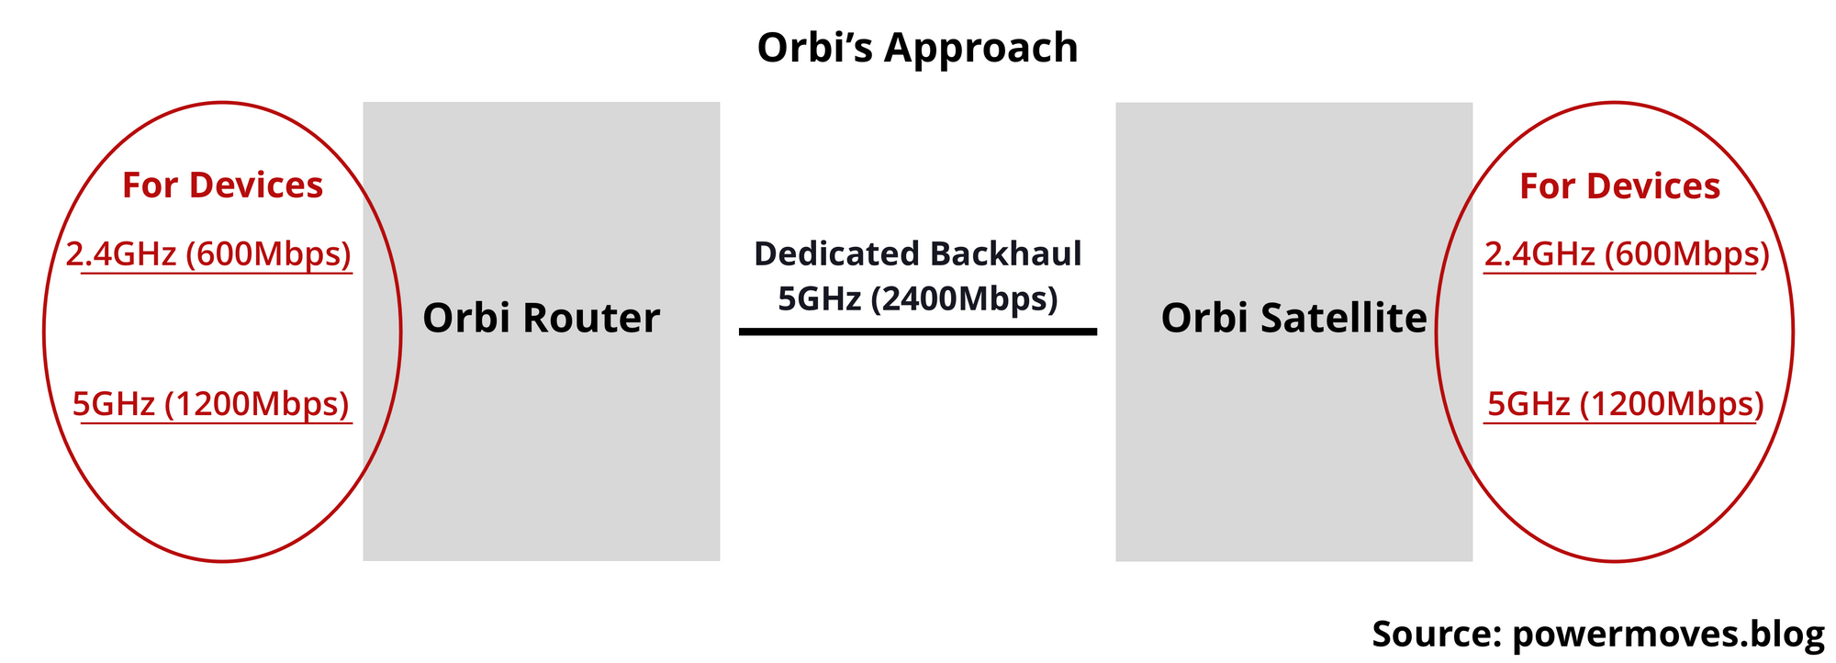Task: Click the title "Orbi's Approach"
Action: (x=917, y=48)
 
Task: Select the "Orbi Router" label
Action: (x=541, y=318)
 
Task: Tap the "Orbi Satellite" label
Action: (x=1293, y=318)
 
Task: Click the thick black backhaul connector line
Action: (x=917, y=331)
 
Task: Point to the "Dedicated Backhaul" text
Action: (x=917, y=253)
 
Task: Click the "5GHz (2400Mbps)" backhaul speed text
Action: (x=917, y=298)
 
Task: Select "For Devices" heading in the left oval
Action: (x=222, y=185)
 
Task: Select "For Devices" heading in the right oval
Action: (x=1619, y=186)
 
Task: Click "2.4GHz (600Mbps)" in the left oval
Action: (x=209, y=254)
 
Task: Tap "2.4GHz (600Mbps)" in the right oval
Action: (x=1627, y=254)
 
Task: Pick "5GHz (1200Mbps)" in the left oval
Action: (x=211, y=404)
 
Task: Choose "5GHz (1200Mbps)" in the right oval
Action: (x=1626, y=404)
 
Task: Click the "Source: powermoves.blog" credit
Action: (x=1598, y=635)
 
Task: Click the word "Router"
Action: (x=591, y=318)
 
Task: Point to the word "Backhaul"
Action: (x=1005, y=253)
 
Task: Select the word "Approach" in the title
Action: (x=981, y=48)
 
